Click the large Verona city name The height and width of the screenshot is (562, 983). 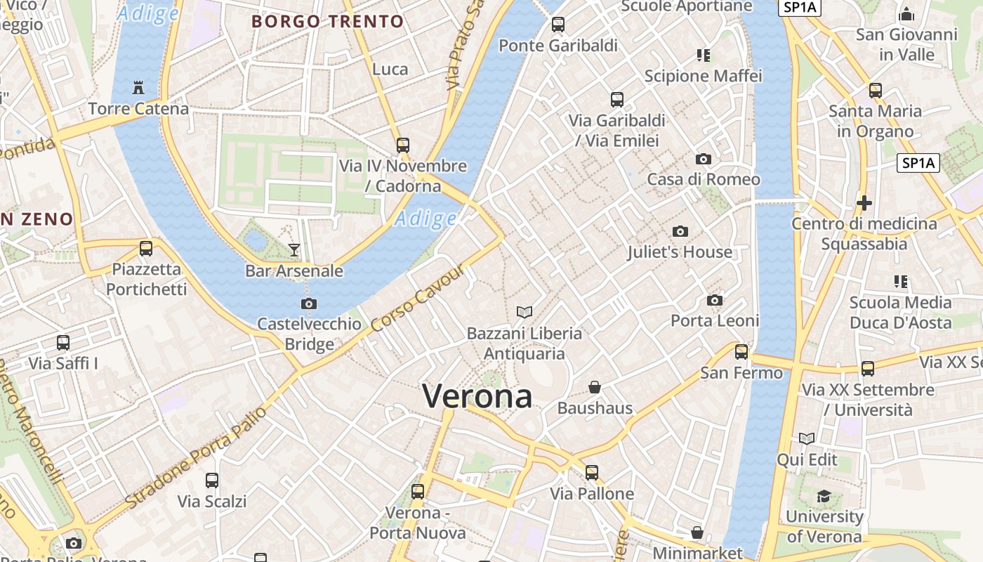(477, 397)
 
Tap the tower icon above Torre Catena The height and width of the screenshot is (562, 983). (138, 88)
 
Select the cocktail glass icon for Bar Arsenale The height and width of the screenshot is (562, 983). (294, 249)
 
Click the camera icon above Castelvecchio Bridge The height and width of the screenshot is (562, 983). (308, 303)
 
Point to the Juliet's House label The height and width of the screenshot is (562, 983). (680, 251)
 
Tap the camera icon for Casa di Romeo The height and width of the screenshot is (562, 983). (703, 159)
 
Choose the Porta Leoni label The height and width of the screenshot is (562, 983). (715, 320)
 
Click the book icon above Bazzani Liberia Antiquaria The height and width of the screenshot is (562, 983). (524, 312)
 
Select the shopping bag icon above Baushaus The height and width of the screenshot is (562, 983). (595, 387)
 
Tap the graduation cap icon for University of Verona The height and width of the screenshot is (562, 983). (824, 497)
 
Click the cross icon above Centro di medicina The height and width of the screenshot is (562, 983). (864, 203)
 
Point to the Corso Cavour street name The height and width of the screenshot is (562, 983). (418, 299)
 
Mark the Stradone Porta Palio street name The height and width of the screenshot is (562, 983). (196, 457)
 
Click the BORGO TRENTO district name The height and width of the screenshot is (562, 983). (328, 21)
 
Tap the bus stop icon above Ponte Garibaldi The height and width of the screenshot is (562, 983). (558, 25)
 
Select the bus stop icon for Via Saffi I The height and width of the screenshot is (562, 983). (63, 343)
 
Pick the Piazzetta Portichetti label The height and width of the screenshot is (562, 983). (146, 279)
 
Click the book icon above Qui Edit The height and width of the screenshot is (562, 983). (807, 439)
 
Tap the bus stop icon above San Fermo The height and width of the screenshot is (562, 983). (741, 352)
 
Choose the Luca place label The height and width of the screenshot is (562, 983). (390, 69)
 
